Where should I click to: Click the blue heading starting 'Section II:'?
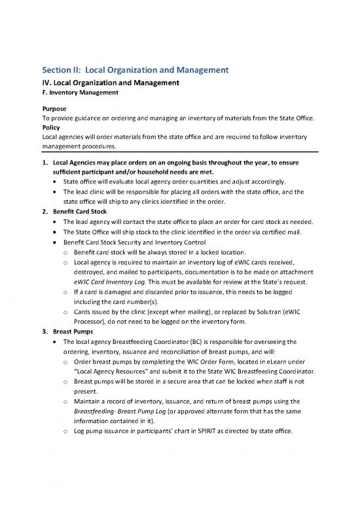coord(134,69)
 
